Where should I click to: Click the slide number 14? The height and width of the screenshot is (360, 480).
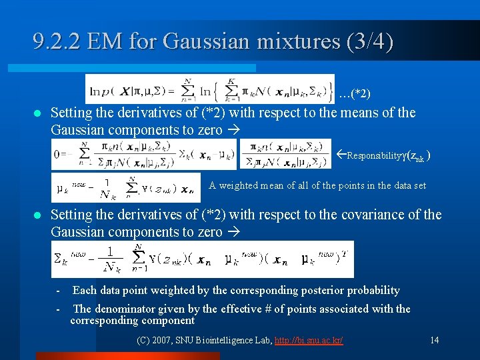tap(435, 340)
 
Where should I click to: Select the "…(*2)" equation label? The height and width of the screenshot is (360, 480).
tap(354, 94)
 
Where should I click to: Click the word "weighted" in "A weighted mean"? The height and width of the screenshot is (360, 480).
tap(241, 185)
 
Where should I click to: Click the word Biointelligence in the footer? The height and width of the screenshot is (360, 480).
tap(233, 341)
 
